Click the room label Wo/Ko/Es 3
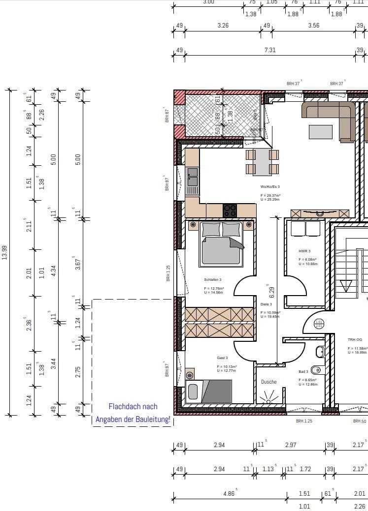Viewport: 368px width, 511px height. point(270,187)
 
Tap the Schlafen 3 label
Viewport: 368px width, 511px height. point(213,279)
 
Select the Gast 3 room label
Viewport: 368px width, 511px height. point(222,358)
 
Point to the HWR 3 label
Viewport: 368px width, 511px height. point(305,251)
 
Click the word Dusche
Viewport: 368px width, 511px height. point(268,382)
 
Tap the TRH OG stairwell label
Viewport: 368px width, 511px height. point(355,339)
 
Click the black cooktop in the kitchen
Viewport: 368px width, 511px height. point(230,210)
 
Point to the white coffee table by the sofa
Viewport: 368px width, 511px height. point(321,132)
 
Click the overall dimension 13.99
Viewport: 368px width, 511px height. point(5,253)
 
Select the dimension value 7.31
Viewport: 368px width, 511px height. point(270,50)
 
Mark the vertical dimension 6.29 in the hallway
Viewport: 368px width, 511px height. point(270,293)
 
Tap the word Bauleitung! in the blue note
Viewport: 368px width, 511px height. point(151,420)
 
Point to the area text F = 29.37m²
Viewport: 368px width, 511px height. point(270,195)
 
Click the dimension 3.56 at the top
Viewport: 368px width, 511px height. point(313,26)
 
